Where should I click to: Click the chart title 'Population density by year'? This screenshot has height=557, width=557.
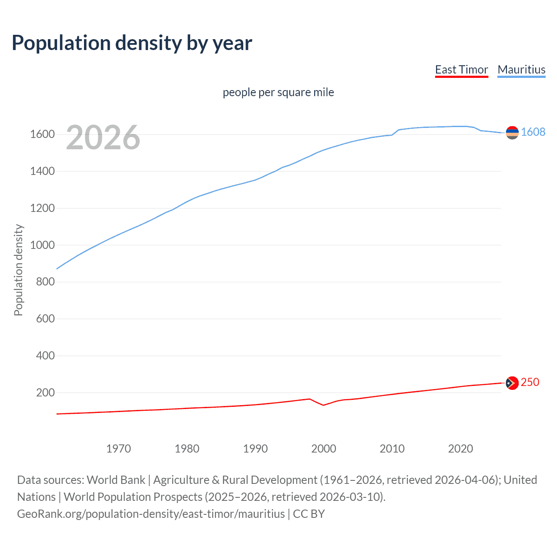[x=132, y=43]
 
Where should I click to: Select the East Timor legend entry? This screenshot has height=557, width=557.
[x=461, y=70]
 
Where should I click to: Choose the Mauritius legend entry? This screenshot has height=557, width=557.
[x=521, y=70]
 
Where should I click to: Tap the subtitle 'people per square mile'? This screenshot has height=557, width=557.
[x=278, y=92]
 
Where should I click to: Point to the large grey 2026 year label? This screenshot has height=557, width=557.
[x=103, y=138]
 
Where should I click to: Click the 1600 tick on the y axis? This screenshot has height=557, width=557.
[x=42, y=134]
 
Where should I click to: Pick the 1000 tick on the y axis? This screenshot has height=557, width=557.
[x=42, y=245]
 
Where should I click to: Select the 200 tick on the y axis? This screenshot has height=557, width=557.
[x=45, y=393]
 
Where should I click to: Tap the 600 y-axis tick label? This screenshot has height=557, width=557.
[x=45, y=319]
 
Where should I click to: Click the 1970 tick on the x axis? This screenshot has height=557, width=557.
[x=118, y=449]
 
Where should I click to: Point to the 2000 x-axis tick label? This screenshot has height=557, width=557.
[x=323, y=449]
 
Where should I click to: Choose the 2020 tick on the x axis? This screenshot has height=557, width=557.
[x=460, y=449]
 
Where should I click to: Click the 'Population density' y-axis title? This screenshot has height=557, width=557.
[x=18, y=270]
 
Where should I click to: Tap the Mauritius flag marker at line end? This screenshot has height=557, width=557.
[x=512, y=133]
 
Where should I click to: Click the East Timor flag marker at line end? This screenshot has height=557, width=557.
[x=512, y=383]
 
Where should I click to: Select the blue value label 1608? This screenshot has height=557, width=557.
[x=533, y=132]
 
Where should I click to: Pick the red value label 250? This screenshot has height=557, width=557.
[x=530, y=382]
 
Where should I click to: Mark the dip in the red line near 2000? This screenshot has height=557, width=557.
[x=323, y=405]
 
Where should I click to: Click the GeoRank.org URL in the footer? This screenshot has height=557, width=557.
[x=151, y=514]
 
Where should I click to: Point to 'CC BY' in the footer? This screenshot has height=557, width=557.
[x=309, y=514]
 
